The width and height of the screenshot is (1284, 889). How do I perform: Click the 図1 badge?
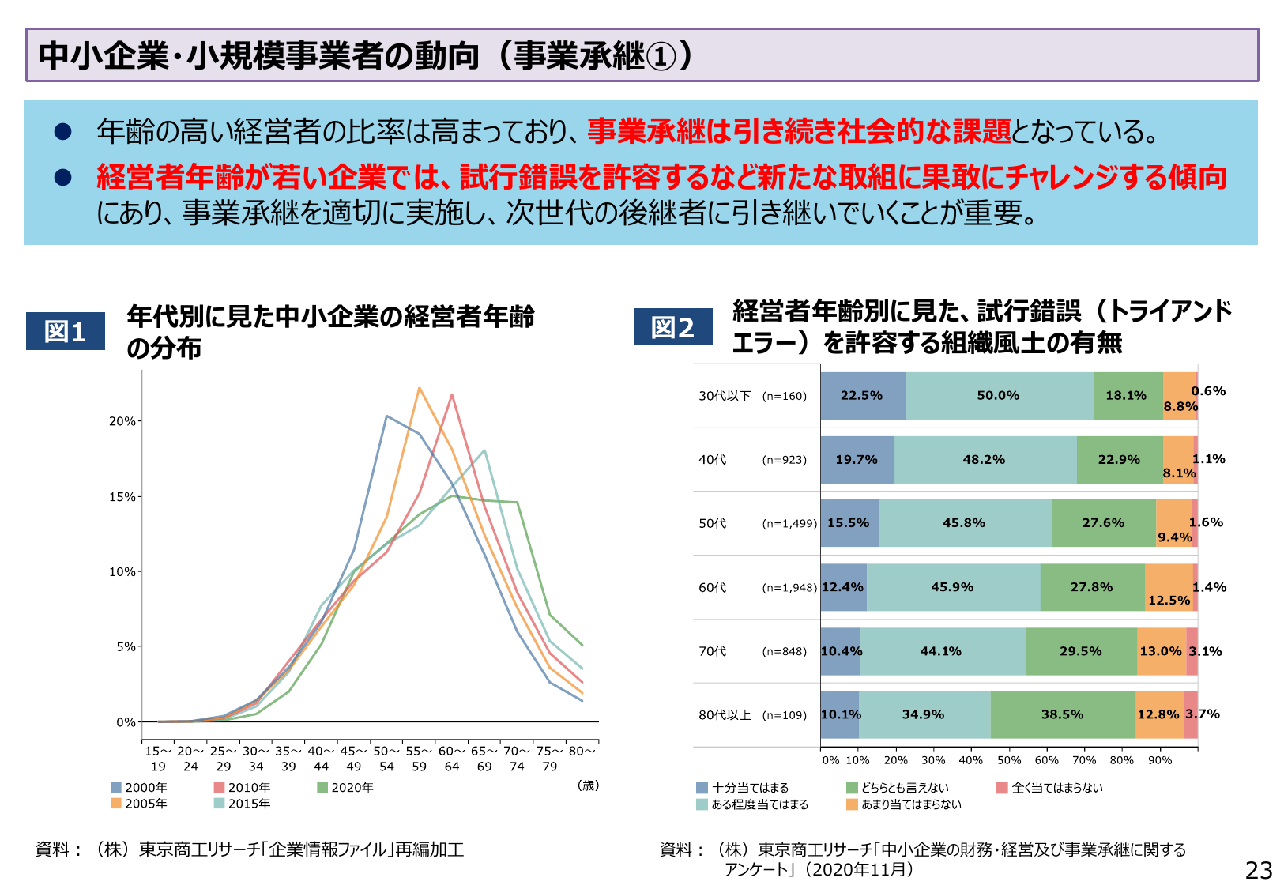point(66,331)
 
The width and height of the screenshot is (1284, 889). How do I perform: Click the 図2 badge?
point(672,327)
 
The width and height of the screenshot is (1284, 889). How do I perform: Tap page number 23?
point(1258,870)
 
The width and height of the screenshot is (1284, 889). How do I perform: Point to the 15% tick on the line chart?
point(122,497)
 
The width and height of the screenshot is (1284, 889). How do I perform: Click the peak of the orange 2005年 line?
point(419,388)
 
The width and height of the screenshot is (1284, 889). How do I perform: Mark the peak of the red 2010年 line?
point(452,395)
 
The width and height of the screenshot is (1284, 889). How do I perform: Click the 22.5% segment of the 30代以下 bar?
point(862,396)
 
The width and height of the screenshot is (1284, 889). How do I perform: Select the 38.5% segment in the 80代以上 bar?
point(1062,714)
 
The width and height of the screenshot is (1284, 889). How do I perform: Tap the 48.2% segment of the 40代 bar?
point(984,460)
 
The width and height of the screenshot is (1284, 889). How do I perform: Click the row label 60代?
point(712,587)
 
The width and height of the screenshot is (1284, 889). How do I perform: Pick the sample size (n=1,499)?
point(789,523)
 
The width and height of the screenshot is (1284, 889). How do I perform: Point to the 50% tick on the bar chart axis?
point(1009,760)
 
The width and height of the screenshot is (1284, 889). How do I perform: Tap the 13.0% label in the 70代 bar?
point(1160,651)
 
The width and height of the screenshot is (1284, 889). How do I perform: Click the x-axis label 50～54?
point(386,759)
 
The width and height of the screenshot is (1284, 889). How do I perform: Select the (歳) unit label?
point(588,785)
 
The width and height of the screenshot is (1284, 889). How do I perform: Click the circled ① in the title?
point(661,56)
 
